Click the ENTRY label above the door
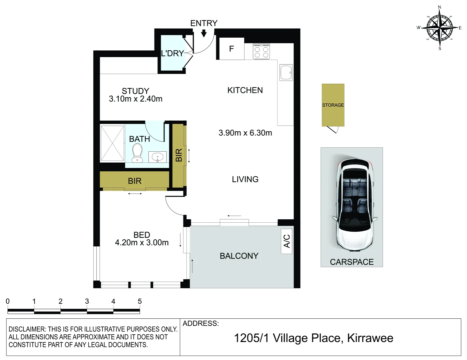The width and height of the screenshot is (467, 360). point(203,23)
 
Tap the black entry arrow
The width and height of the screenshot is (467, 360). point(204,33)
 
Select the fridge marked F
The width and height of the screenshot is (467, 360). point(231,49)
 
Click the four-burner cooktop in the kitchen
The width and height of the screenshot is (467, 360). point(261,52)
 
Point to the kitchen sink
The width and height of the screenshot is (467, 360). point(286,73)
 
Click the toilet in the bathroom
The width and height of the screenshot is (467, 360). point(137,153)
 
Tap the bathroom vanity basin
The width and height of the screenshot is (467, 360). point(157,157)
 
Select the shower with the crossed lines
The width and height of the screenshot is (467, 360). point(112,143)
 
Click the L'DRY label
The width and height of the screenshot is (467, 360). point(172,53)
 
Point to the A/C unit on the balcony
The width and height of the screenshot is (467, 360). point(287,241)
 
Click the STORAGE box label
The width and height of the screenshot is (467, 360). point(333,105)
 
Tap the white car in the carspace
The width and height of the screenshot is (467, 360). point(355,205)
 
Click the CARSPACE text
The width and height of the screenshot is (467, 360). point(352,262)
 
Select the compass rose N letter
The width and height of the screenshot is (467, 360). point(439,7)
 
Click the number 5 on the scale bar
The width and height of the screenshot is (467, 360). point(140,301)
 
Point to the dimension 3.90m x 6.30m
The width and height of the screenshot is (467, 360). point(245,133)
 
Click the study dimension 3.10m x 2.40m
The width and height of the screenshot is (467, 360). point(135,99)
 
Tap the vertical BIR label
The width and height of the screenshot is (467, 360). point(179,155)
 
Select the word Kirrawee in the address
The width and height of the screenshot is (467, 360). point(370,338)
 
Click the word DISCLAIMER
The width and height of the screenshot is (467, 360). point(26,329)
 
